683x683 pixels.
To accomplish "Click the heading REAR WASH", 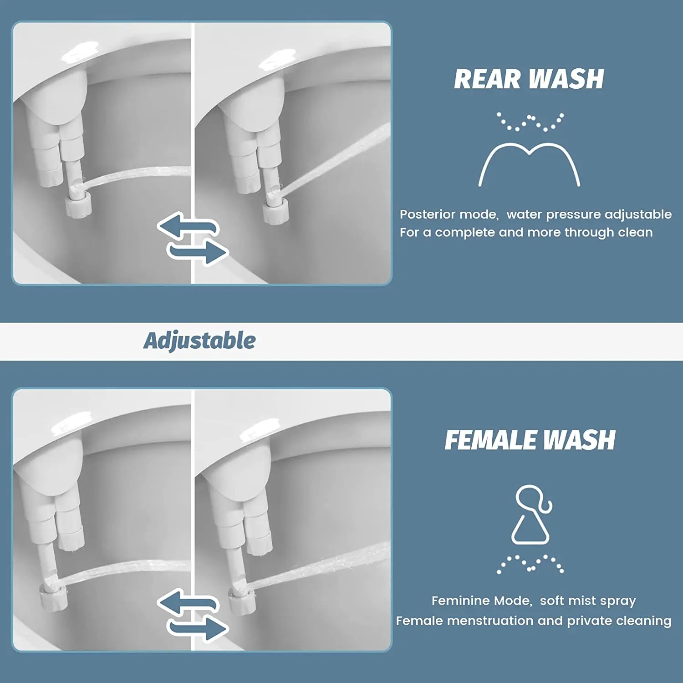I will pos(529,79).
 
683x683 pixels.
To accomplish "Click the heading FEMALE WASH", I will pos(530,440).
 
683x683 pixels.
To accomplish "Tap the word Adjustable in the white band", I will pos(199,341).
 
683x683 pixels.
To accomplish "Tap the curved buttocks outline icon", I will pos(529,164).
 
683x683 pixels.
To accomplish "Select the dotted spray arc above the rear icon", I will pos(530,122).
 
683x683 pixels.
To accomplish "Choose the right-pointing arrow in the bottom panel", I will pos(198,628).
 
